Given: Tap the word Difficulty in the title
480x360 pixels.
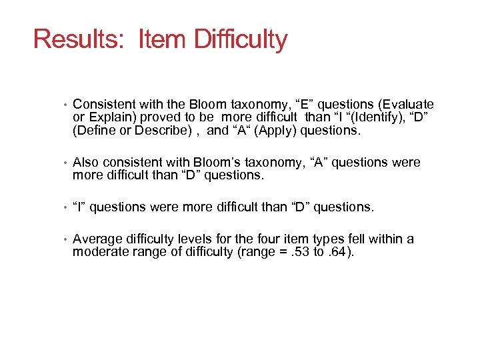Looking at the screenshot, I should [x=241, y=39].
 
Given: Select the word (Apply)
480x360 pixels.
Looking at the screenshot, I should [x=273, y=131].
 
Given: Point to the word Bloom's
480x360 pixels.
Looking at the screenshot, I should [x=221, y=163].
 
